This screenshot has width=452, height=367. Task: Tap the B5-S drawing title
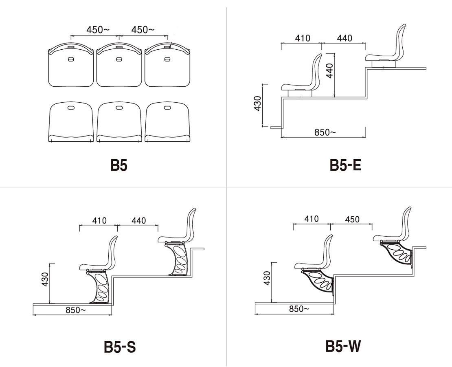120,347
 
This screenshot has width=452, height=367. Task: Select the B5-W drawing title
343,346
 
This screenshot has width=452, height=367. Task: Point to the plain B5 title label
119,165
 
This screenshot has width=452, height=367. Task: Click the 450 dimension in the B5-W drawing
352,220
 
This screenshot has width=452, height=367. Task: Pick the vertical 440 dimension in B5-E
329,70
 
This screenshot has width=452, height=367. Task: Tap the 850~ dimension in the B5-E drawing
325,132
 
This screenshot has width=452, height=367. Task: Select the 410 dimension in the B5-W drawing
311,219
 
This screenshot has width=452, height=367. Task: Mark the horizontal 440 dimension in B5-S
139,220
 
